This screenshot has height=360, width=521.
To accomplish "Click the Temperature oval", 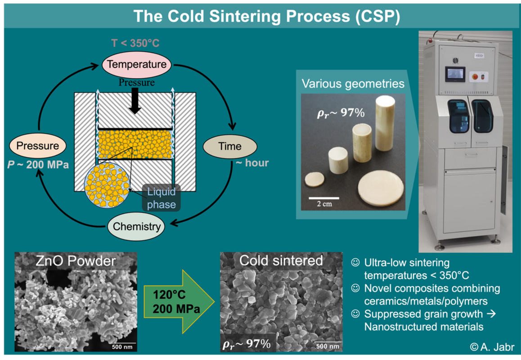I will coord(136,64).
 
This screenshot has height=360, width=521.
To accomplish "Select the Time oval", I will coord(230,146).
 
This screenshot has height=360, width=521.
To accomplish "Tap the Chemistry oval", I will coord(136,226).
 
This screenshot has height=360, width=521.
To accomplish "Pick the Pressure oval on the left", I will coord(37,146).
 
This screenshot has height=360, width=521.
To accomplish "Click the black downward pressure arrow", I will coord(135,101).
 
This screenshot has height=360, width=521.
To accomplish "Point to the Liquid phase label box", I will coord(161,198).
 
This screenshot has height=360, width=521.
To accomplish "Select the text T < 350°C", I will coord(135,44).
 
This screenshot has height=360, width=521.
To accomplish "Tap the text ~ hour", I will coord(252,163).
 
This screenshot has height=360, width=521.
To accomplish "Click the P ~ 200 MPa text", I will coord(38,165).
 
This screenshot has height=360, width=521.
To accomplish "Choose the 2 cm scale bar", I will coord(323,198).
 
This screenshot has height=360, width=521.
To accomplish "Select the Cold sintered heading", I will coord(281,261).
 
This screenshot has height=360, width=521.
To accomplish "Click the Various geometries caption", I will coord(353,84).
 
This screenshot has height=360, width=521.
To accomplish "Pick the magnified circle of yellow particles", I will coord(107,185).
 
